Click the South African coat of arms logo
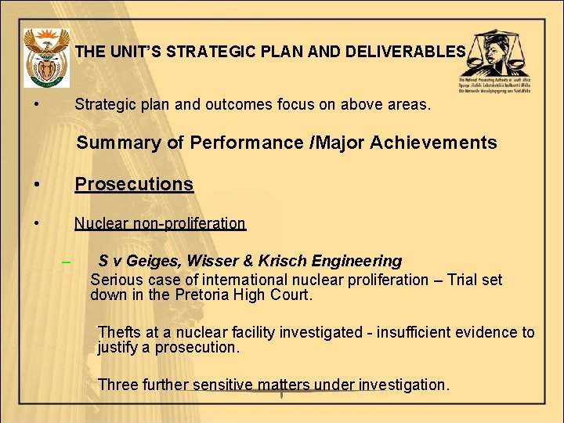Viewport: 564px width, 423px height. [x=47, y=57]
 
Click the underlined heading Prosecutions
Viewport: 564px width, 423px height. [x=133, y=184]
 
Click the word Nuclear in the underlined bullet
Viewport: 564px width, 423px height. [x=101, y=223]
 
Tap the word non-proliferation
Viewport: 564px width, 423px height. [x=189, y=223]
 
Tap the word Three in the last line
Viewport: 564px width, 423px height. [x=118, y=385]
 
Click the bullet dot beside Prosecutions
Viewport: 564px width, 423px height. [x=37, y=185]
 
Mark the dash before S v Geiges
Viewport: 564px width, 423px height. [x=67, y=262]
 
